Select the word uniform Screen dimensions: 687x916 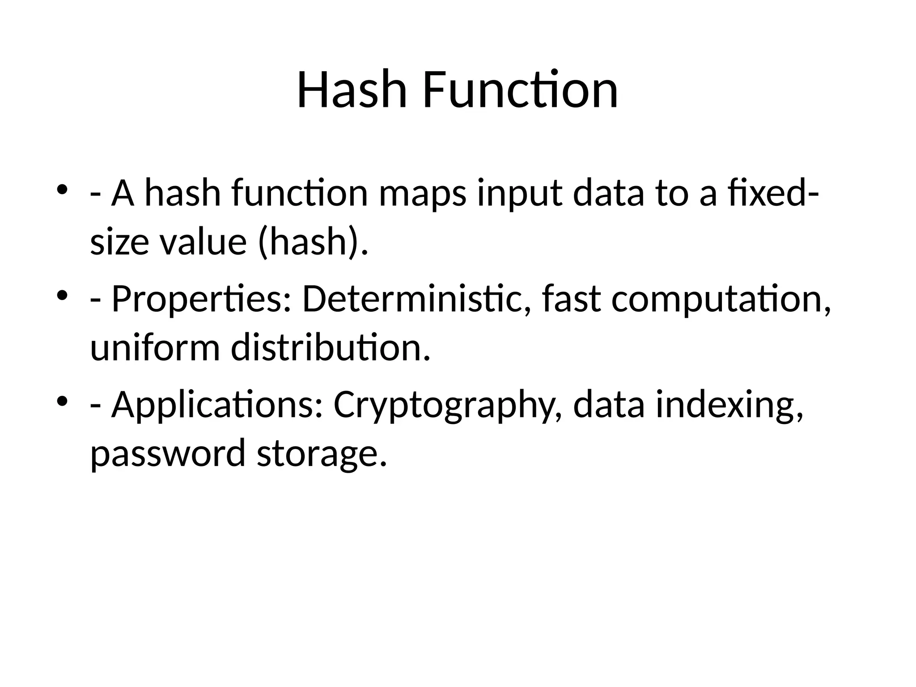pyautogui.click(x=155, y=348)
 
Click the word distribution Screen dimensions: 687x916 pyautogui.click(x=331, y=348)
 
